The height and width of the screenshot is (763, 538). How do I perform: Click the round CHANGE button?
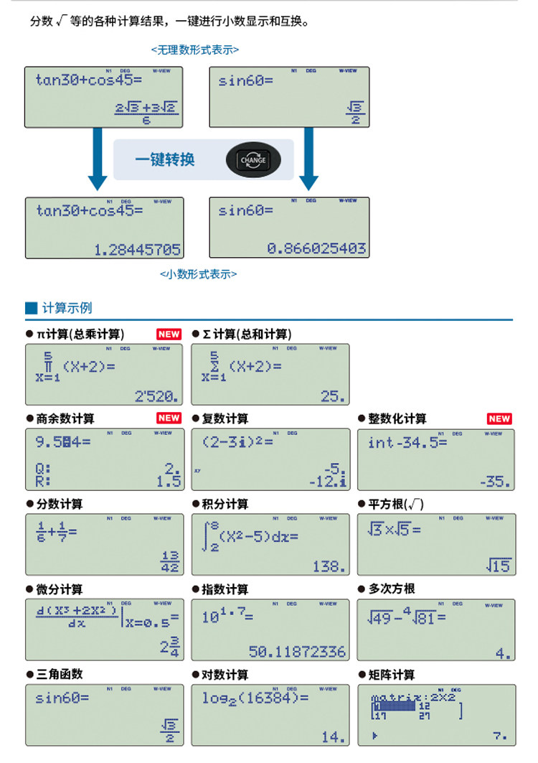point(253,160)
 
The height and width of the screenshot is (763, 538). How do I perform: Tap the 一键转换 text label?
point(166,159)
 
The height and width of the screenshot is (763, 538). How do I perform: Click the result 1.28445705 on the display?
point(138,250)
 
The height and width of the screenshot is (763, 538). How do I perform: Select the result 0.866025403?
point(317,248)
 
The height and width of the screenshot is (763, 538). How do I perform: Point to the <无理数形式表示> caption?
point(195,50)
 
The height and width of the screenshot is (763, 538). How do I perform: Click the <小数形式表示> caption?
point(198,273)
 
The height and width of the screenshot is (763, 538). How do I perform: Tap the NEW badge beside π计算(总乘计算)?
point(169,334)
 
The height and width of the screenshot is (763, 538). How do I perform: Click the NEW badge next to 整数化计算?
point(499,418)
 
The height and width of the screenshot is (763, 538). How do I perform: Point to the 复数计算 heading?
point(225,418)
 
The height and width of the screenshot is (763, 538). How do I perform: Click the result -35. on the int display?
point(495,481)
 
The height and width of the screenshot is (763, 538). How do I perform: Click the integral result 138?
point(329,566)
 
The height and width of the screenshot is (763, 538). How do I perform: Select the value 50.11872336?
point(297,652)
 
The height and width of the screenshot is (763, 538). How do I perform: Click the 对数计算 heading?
point(225,675)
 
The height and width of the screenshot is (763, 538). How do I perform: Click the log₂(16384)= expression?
point(255,698)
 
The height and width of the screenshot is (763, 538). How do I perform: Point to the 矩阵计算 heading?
point(392,675)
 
